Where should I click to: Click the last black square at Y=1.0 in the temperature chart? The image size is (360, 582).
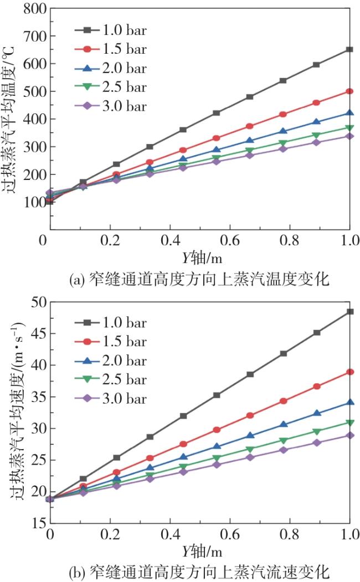pos(349,49)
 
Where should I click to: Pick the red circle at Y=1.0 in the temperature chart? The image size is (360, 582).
pos(349,91)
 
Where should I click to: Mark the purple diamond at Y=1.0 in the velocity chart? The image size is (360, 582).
pos(349,435)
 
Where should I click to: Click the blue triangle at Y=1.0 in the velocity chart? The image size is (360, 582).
pos(349,403)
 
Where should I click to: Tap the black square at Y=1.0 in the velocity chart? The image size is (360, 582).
pos(349,312)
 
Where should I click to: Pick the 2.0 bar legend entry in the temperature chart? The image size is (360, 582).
pos(111,69)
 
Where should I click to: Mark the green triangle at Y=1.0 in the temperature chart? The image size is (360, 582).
pos(349,128)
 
